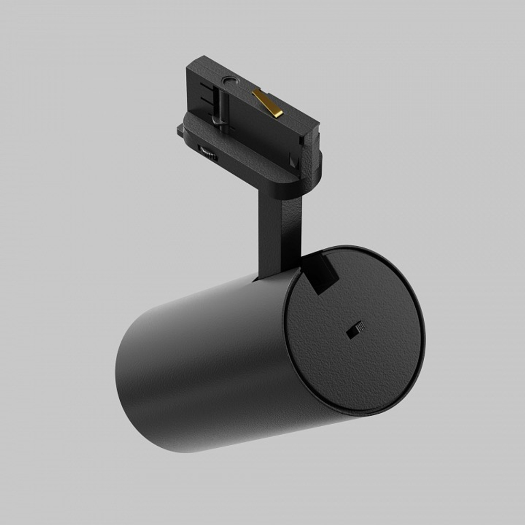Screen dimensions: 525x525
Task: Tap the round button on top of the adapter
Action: (229, 81)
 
